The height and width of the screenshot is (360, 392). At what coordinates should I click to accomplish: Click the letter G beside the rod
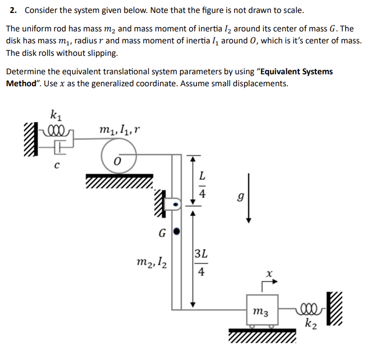[x=162, y=232]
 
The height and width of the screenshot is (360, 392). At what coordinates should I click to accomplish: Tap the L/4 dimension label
[x=201, y=184]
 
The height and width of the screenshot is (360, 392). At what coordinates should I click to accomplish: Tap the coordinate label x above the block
[x=269, y=274]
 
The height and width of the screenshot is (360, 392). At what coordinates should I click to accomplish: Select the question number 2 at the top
[x=12, y=10]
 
